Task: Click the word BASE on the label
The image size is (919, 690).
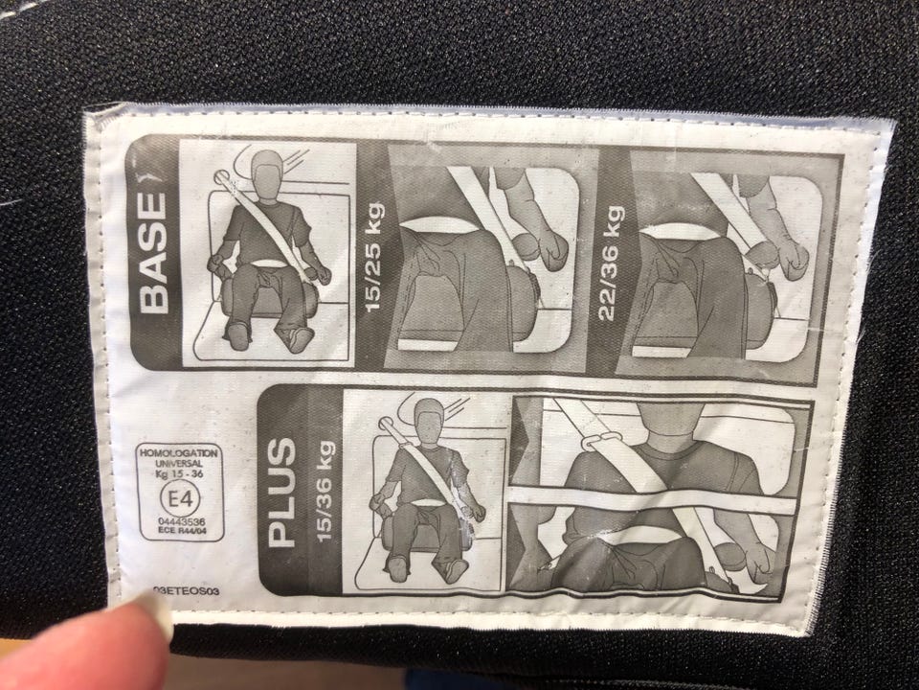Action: (153, 252)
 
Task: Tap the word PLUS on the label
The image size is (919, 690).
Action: (281, 493)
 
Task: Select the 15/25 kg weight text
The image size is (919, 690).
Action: (373, 258)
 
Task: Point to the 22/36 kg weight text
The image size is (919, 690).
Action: (610, 264)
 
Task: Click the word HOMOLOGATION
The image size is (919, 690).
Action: (179, 453)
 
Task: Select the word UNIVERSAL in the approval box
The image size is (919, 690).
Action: (179, 464)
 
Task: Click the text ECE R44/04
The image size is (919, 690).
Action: (182, 530)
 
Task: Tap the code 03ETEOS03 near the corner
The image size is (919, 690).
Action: (185, 591)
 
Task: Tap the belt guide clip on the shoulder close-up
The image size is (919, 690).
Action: (602, 439)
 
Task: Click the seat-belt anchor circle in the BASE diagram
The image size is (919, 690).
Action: (222, 176)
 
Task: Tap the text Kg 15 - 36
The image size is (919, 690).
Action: (180, 473)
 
